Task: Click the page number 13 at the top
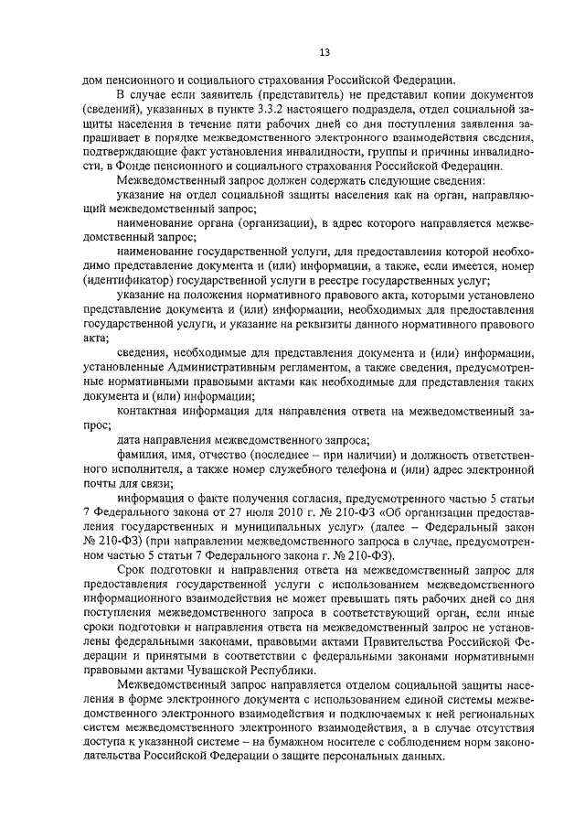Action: [292, 49]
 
